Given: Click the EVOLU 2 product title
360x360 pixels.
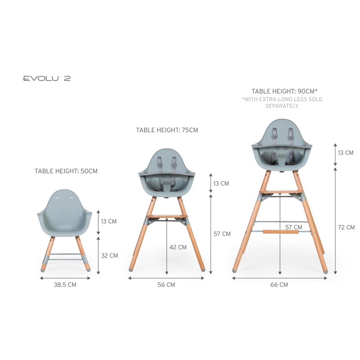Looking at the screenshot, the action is click(x=47, y=78).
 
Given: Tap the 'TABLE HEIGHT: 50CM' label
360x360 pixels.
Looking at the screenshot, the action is click(x=66, y=171).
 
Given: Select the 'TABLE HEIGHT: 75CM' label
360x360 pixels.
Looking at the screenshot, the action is click(x=167, y=130).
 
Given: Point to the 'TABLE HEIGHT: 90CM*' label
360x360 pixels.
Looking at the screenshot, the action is click(x=284, y=91).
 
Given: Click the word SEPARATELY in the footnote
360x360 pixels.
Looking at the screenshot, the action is click(x=282, y=106).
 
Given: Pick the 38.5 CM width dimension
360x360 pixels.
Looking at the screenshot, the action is click(x=65, y=285).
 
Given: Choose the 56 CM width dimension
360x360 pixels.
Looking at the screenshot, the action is click(x=166, y=285).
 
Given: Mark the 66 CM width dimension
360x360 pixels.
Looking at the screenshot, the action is click(x=279, y=285).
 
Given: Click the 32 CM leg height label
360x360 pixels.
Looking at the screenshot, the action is click(x=110, y=256).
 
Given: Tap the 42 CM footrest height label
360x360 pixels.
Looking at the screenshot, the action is click(x=178, y=247).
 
